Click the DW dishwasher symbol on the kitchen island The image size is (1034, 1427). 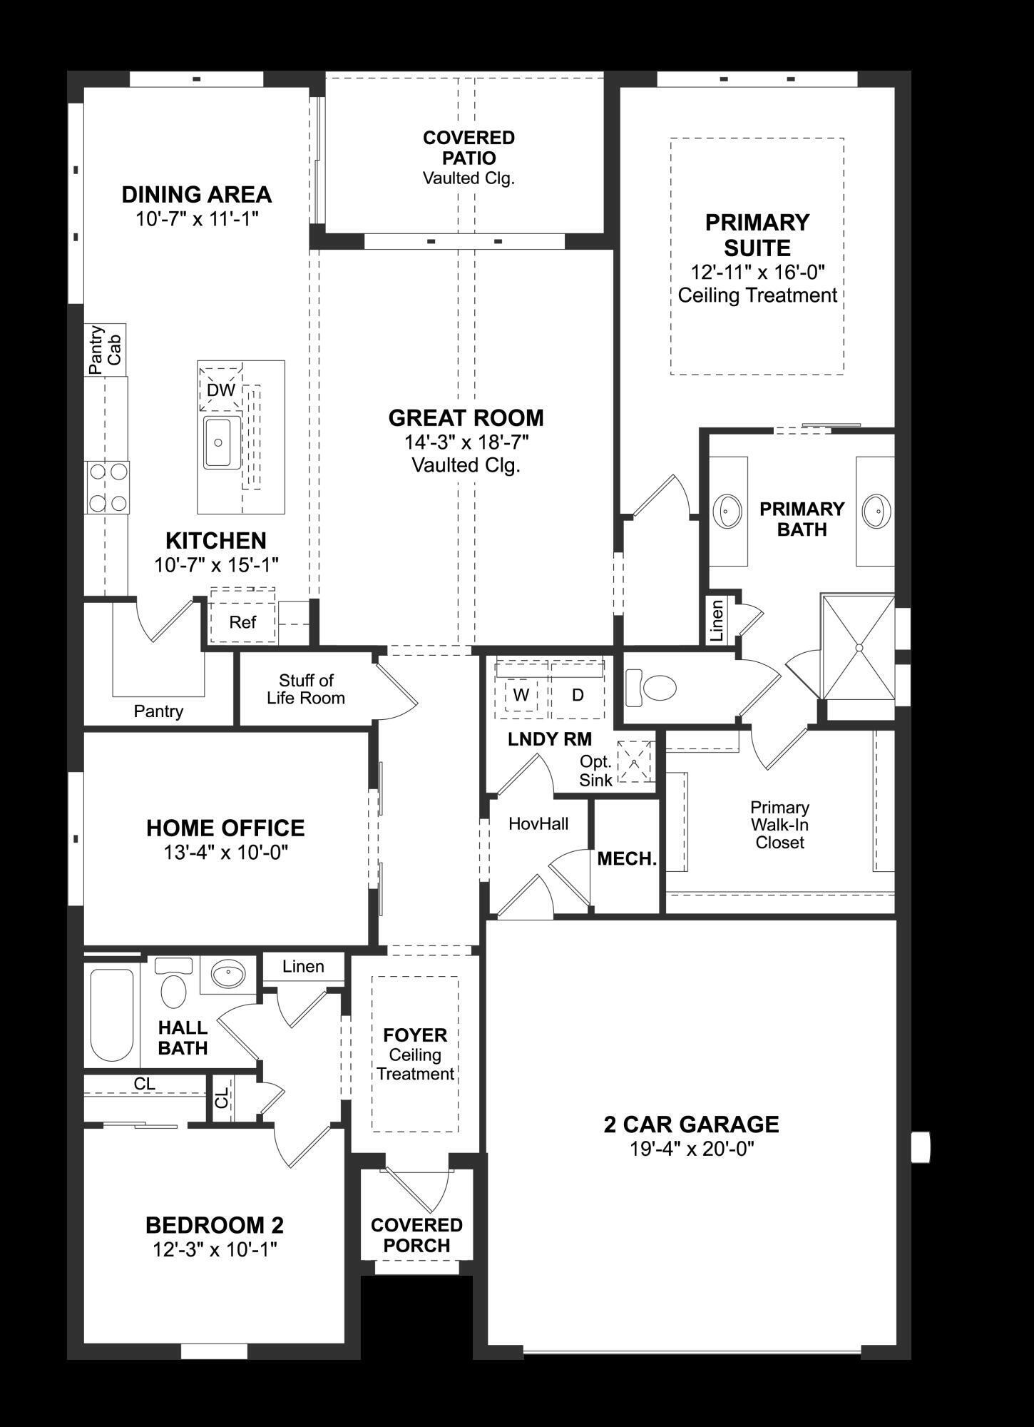point(220,390)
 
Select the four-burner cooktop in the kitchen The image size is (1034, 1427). point(108,487)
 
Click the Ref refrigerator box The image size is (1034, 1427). point(242,622)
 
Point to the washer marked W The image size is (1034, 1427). point(521,695)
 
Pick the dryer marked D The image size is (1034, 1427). point(578,695)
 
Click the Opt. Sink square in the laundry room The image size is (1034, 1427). point(635,761)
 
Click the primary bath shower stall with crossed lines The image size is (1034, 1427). point(859,648)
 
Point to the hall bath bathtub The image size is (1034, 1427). point(112,1015)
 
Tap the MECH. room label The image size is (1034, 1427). point(627,859)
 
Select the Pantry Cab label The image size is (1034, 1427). point(106,350)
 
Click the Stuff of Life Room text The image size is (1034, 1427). point(306,689)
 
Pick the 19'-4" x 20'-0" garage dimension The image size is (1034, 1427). point(692,1149)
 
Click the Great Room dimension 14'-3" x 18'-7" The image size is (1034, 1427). point(466,442)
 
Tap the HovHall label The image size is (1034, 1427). point(538,824)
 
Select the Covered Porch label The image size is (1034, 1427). point(416,1235)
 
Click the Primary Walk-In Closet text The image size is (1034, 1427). point(779,825)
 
